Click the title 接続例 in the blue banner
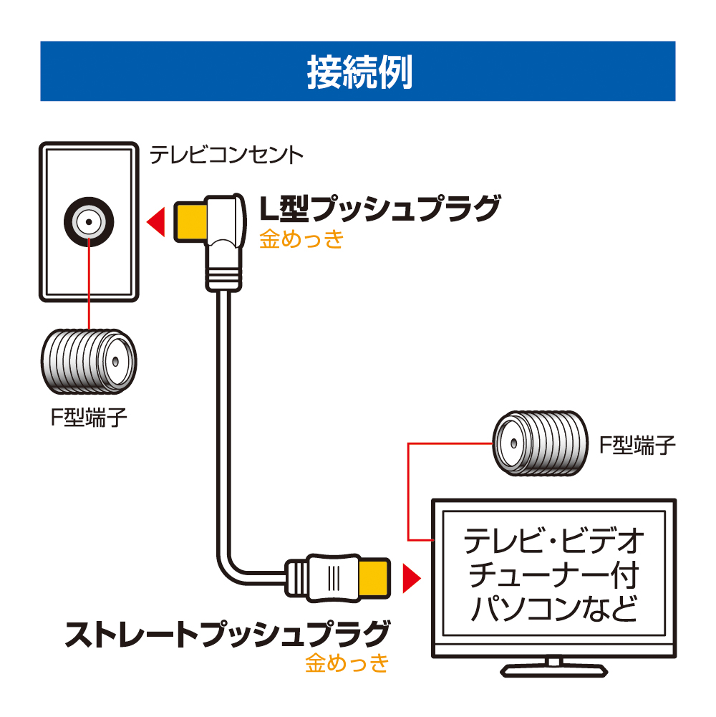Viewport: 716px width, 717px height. tap(359, 72)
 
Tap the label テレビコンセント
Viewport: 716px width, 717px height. tap(226, 155)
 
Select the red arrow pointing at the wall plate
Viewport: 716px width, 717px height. tap(156, 221)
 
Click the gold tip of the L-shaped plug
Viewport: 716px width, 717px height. tap(189, 221)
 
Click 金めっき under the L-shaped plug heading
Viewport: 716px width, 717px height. tap(301, 239)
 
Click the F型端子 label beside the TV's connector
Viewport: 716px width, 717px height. tap(637, 446)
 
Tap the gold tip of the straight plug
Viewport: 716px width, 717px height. tap(374, 577)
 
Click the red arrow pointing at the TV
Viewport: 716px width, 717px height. tap(411, 577)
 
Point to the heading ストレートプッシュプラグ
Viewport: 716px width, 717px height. tap(228, 633)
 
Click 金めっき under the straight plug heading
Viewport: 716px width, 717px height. tap(347, 663)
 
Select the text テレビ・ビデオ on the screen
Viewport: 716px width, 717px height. tap(554, 542)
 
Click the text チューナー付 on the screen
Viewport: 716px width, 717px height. tap(554, 577)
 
